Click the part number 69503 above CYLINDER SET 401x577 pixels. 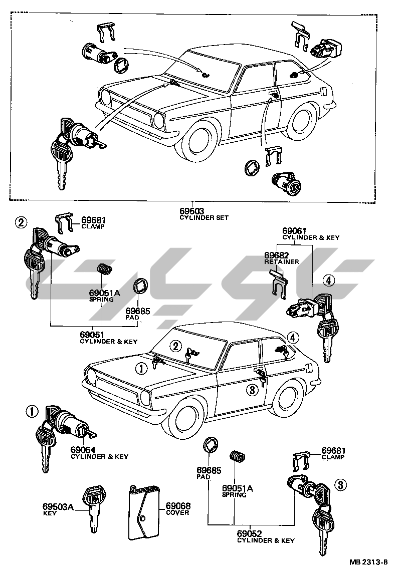coord(191,211)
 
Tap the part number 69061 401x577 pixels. coord(293,231)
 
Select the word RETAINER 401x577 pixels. coord(281,261)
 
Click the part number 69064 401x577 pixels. coord(83,450)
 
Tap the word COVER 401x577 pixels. coord(177,512)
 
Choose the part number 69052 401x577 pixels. coord(249,534)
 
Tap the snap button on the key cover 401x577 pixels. coord(143,518)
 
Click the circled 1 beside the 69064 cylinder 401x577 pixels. coord(32,412)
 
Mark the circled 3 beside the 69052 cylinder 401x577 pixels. coord(340,484)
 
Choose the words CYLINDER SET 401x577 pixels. coord(205,218)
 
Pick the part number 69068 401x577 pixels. coord(178,506)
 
